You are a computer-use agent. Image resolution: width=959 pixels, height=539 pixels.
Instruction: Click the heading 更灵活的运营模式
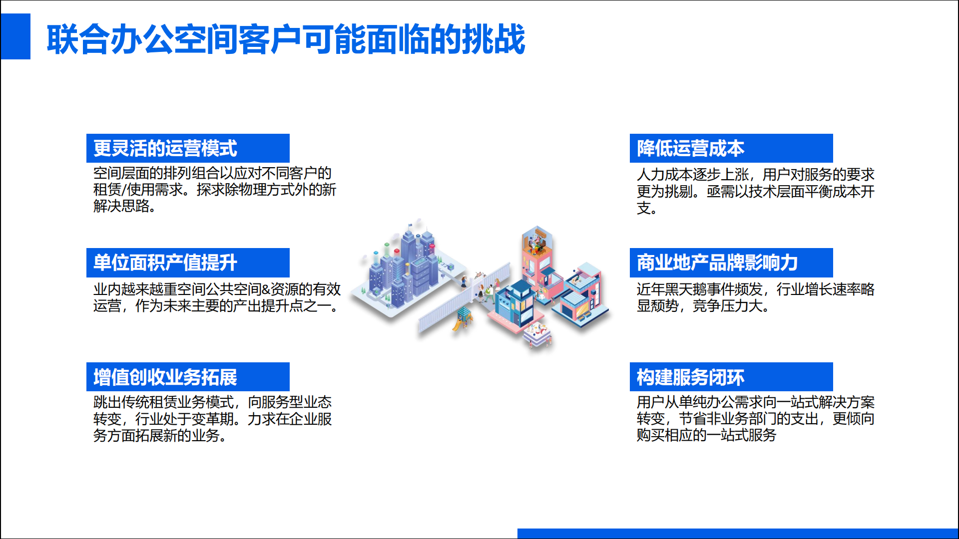click(x=165, y=148)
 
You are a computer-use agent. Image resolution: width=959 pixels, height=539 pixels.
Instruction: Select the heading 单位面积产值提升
click(x=165, y=263)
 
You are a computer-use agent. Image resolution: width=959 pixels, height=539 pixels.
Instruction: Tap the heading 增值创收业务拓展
click(x=165, y=377)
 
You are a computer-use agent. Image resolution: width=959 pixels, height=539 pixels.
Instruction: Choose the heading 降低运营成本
click(x=690, y=148)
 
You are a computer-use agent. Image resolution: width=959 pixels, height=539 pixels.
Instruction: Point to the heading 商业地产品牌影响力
click(x=717, y=263)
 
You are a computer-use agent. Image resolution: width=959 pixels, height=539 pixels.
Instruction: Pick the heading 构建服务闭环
click(x=690, y=377)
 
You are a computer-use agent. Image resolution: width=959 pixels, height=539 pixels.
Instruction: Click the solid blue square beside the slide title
click(x=15, y=36)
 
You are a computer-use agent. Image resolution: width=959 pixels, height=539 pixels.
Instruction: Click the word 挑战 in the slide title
click(x=493, y=39)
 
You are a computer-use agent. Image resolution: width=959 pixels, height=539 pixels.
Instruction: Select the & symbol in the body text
click(x=265, y=289)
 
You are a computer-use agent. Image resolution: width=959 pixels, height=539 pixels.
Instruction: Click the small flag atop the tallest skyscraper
click(x=411, y=225)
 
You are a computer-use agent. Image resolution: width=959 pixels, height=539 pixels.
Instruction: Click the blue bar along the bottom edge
click(x=738, y=534)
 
